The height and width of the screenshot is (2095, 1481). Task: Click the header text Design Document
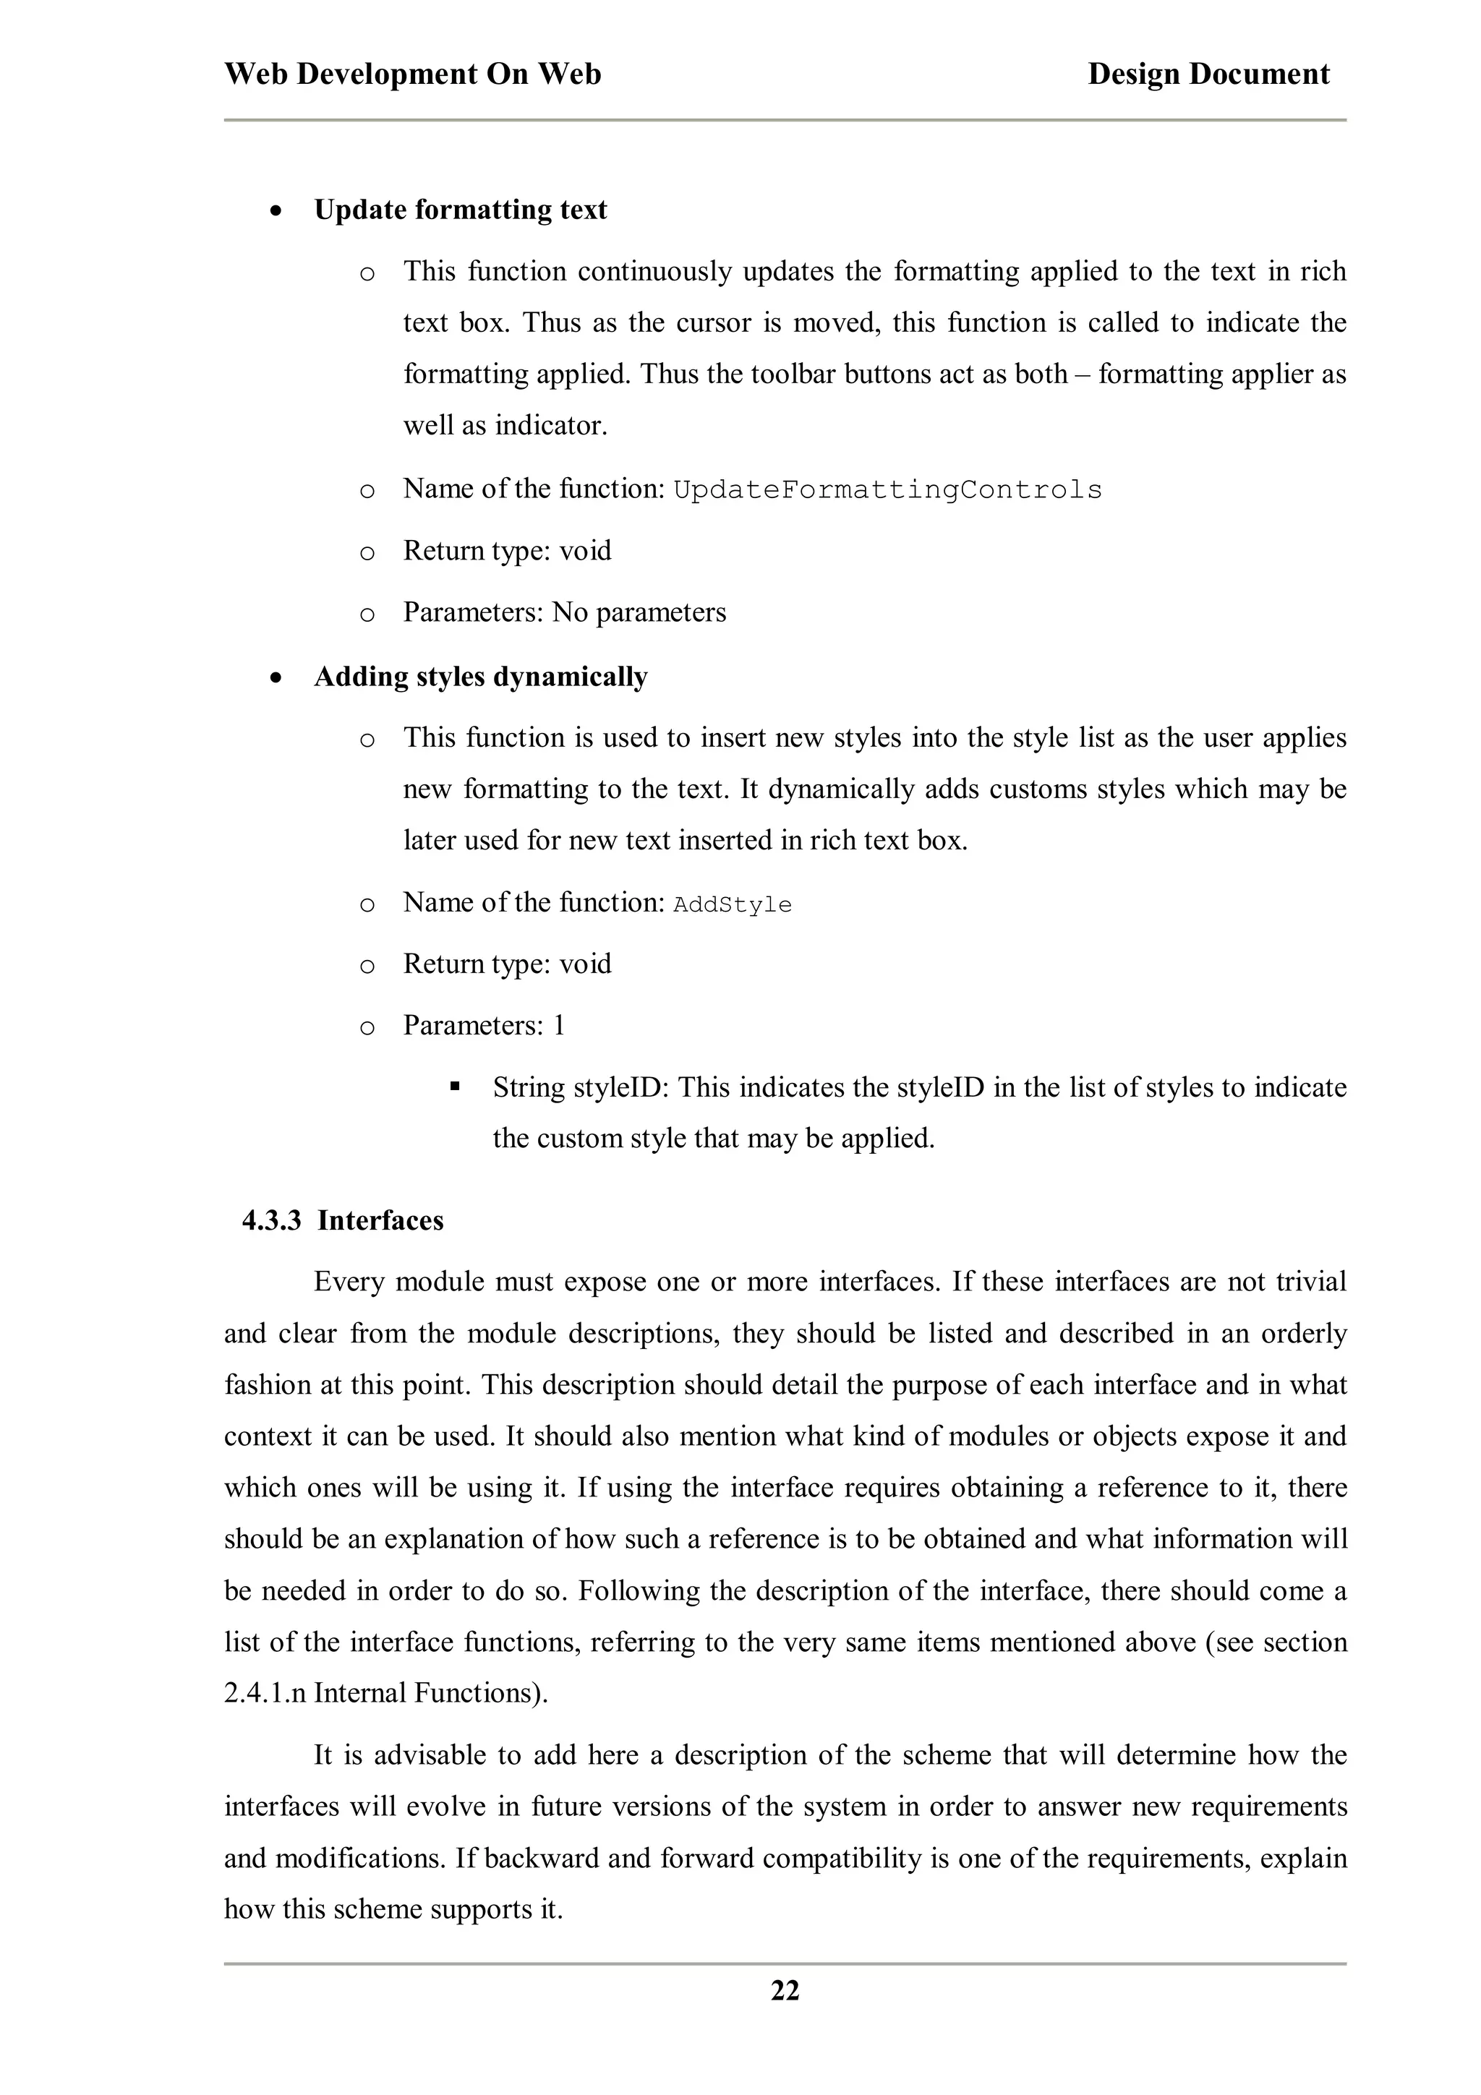[x=1208, y=74]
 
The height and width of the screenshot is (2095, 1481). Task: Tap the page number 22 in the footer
[x=785, y=1990]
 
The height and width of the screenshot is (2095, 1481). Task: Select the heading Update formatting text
[x=460, y=210]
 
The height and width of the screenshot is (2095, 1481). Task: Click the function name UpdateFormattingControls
[x=887, y=490]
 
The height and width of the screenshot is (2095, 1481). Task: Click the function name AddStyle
[x=732, y=904]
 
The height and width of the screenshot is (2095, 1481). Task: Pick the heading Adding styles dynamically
[x=480, y=677]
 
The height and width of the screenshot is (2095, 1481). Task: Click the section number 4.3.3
[x=271, y=1221]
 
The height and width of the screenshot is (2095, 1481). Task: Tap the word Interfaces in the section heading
[x=380, y=1221]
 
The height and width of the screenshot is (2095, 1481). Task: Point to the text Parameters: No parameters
[x=564, y=612]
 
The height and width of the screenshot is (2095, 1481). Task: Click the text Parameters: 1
[x=484, y=1026]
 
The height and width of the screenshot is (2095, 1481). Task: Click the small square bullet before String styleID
[x=453, y=1087]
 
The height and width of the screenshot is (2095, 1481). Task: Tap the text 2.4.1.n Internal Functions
[x=385, y=1694]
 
